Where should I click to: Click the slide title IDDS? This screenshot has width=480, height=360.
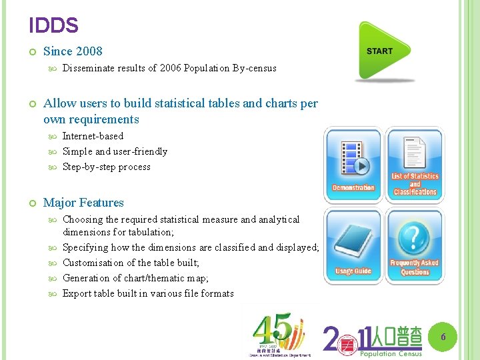click(54, 26)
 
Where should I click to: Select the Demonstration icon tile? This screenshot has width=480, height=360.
click(353, 165)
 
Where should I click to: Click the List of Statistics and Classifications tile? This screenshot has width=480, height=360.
click(414, 165)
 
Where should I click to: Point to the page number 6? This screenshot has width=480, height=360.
click(442, 338)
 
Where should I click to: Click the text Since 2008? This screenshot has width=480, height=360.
click(73, 51)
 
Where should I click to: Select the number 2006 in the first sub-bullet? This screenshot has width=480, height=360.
click(171, 68)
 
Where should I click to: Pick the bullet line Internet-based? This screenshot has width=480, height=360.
click(93, 136)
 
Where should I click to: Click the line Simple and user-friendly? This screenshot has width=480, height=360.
click(115, 151)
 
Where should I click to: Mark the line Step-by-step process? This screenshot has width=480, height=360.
click(107, 167)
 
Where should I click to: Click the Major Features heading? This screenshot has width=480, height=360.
click(83, 203)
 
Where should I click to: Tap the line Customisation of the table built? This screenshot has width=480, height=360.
click(131, 263)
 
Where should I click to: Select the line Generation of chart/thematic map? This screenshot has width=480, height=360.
click(135, 278)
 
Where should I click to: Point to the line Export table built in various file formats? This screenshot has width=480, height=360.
click(148, 293)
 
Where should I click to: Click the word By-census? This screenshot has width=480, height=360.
click(255, 68)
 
